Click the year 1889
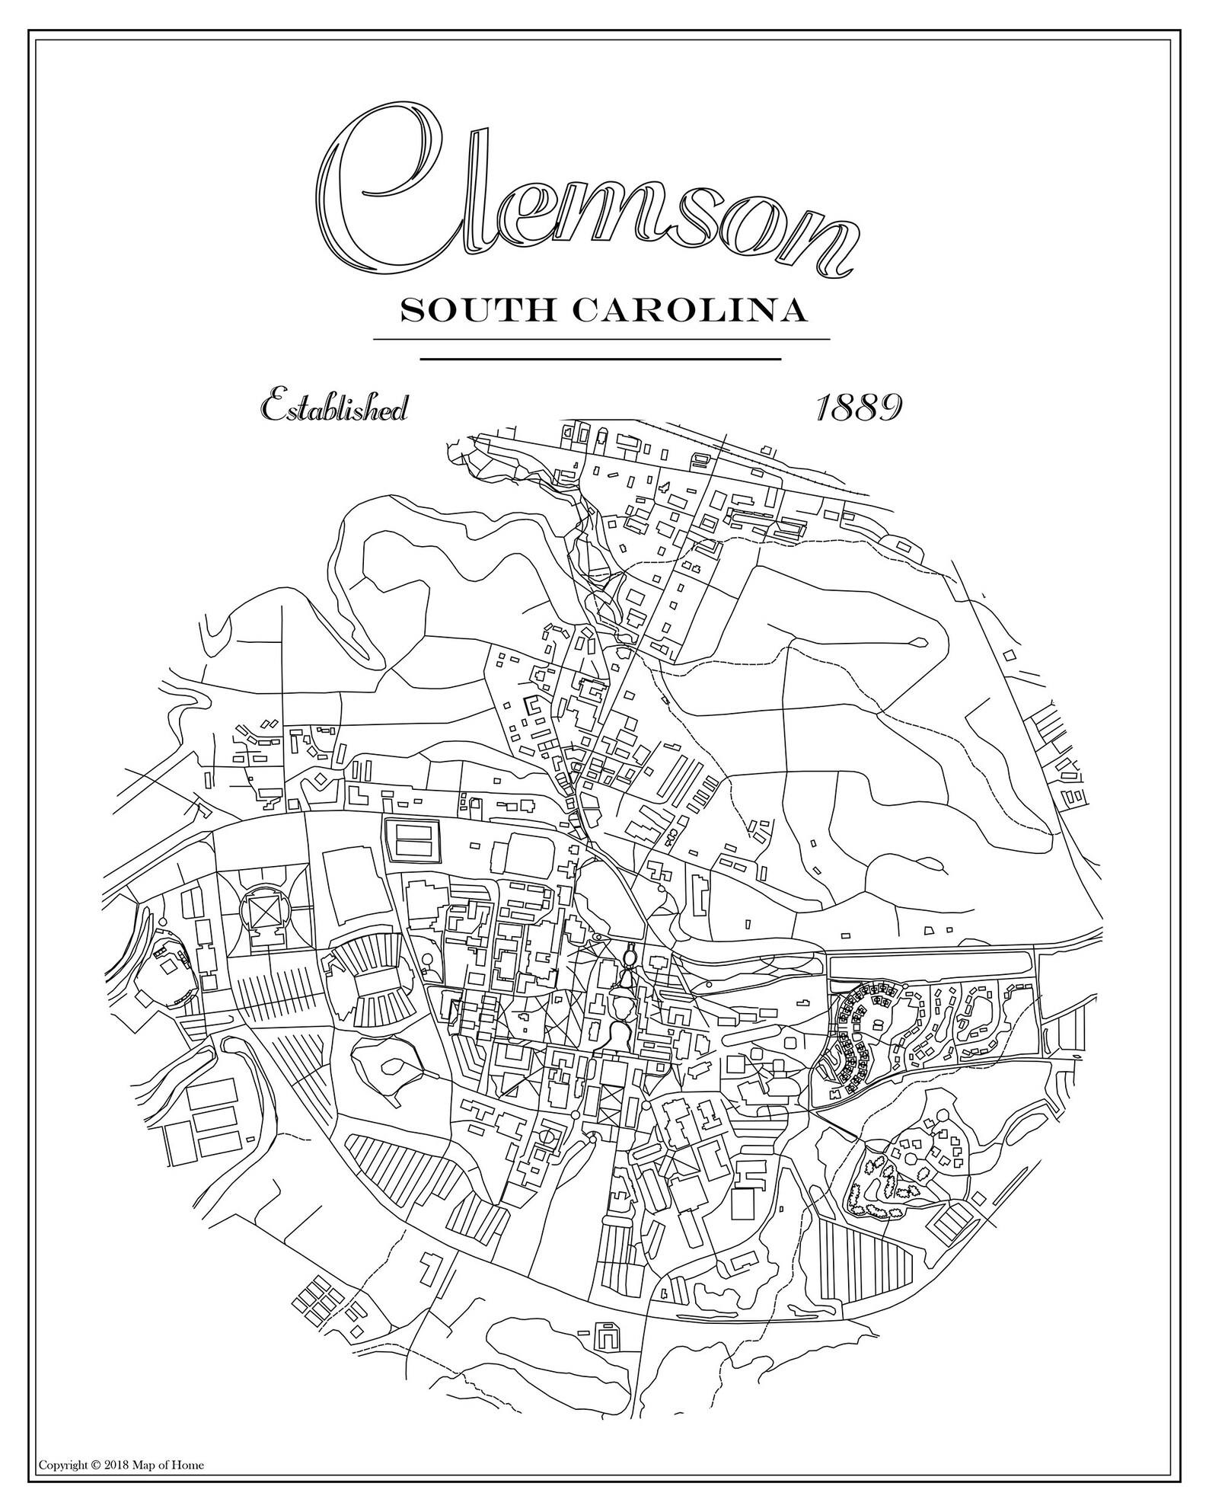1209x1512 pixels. [x=859, y=408]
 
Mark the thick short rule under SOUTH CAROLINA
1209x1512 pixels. [x=601, y=358]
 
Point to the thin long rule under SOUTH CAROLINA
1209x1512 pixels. [x=601, y=339]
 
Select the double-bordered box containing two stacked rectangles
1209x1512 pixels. [x=413, y=839]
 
